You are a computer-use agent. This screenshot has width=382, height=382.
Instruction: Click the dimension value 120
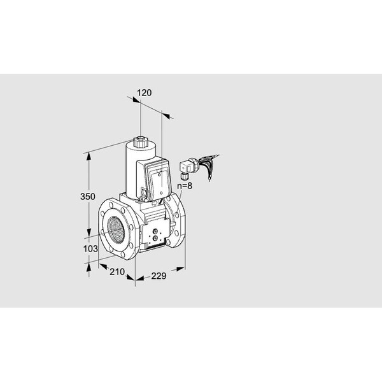[145, 93]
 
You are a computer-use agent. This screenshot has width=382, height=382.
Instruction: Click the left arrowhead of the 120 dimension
[136, 99]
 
